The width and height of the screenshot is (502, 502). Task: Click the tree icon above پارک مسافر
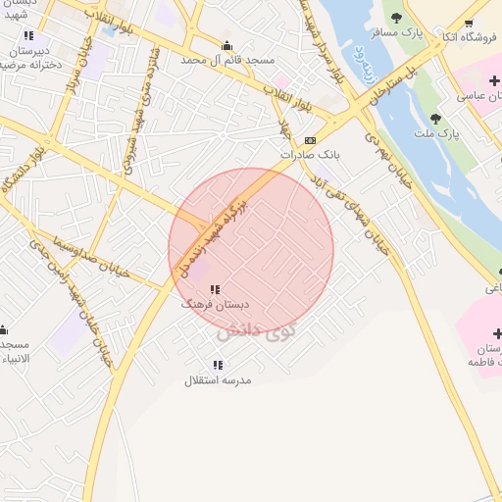(397, 18)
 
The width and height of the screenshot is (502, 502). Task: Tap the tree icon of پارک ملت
(434, 118)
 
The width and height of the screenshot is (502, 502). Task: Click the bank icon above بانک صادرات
(311, 140)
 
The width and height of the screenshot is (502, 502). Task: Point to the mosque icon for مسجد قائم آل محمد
(227, 45)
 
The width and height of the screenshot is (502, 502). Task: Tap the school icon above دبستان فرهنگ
(215, 289)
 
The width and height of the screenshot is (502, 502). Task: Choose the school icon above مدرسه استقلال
(218, 365)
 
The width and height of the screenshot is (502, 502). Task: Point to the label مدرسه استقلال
(218, 379)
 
